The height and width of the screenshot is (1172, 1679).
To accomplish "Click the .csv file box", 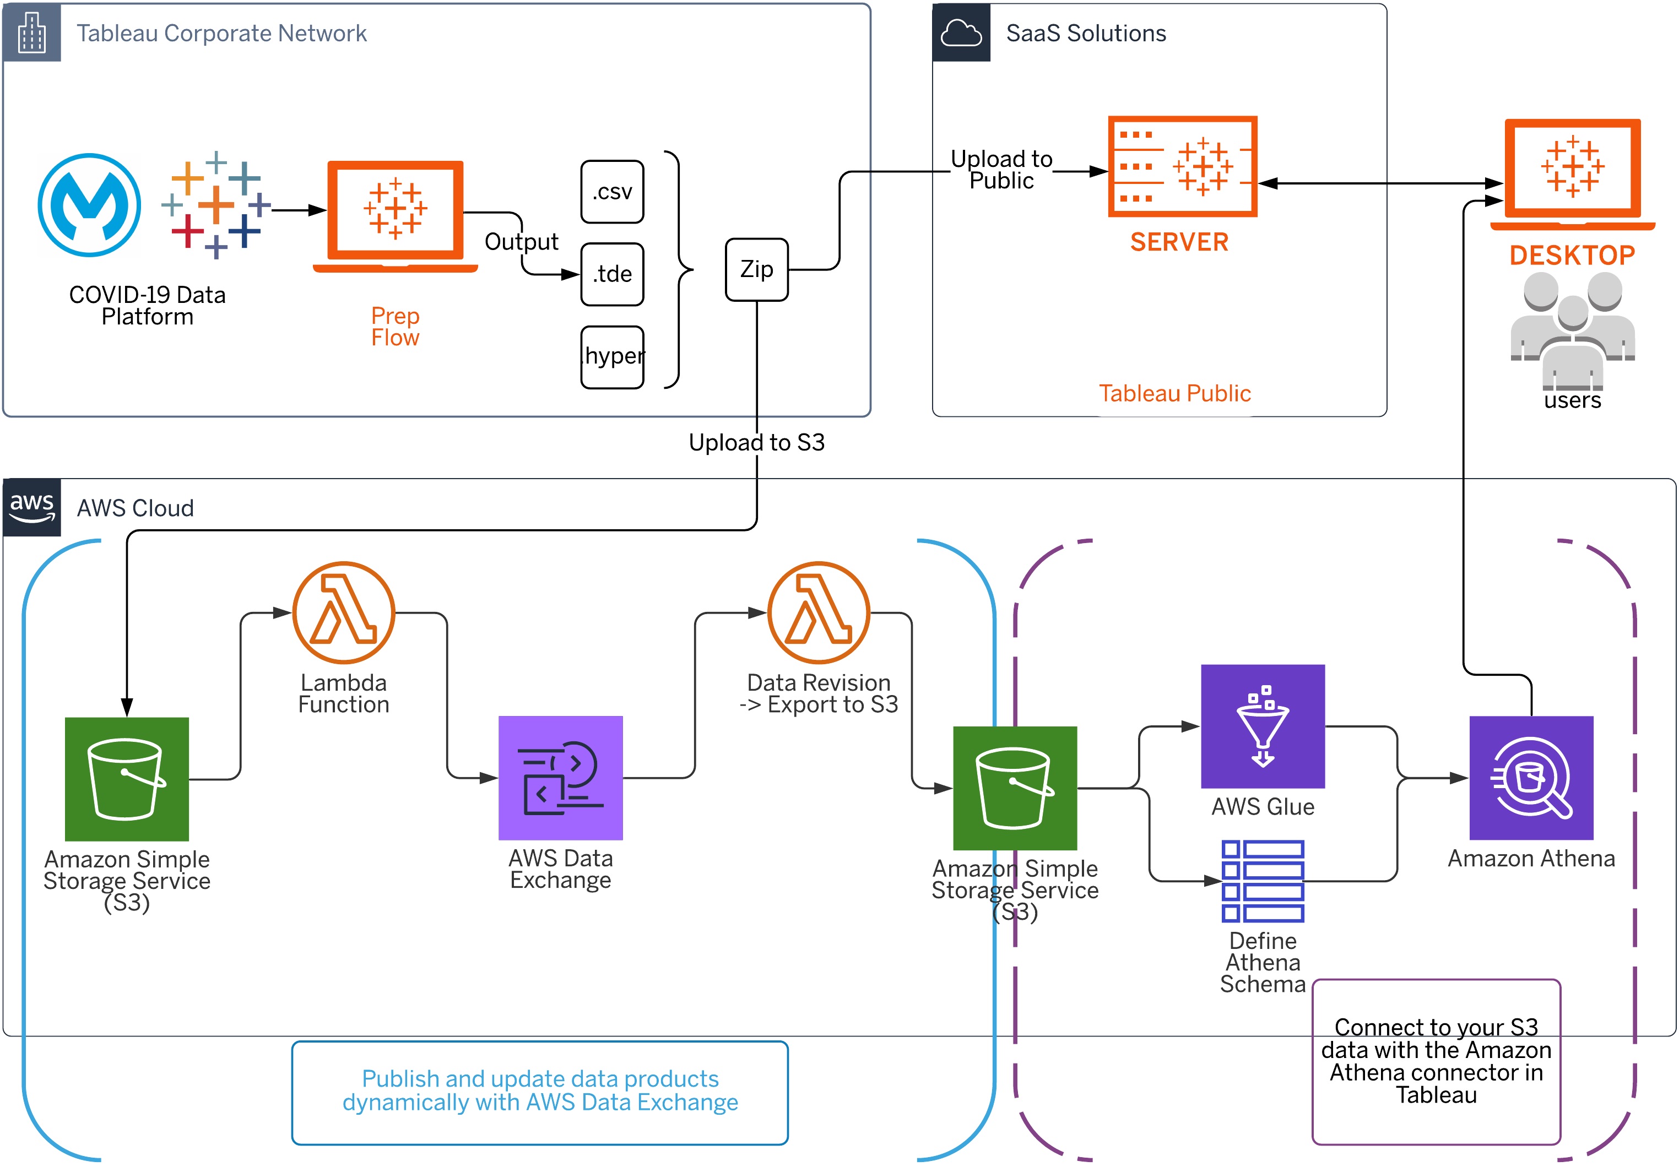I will click(x=612, y=192).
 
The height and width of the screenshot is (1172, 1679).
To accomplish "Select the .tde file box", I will click(x=612, y=274).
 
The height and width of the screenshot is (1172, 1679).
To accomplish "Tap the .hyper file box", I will click(x=612, y=357).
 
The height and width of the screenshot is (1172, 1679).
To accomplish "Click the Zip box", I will click(x=756, y=269).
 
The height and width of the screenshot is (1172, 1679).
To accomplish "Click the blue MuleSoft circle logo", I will click(x=89, y=205).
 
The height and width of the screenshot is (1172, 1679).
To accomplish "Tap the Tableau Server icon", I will click(x=1182, y=167).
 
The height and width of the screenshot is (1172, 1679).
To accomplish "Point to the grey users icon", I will click(x=1572, y=329).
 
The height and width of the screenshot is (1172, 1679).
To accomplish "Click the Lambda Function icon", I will click(x=344, y=612).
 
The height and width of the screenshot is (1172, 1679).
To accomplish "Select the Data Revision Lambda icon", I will click(x=819, y=612).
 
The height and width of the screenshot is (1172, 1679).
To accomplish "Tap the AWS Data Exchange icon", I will click(x=560, y=778).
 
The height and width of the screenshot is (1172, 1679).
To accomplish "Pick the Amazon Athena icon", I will click(x=1531, y=778).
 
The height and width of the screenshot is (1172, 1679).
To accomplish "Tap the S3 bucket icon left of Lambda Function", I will click(x=127, y=779).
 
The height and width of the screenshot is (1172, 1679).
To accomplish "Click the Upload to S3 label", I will click(x=756, y=442).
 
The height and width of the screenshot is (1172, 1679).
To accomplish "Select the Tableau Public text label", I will click(x=1174, y=393).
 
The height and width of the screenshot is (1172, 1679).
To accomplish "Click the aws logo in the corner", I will click(x=31, y=507).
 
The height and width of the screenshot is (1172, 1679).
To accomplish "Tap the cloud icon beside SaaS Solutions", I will click(x=961, y=33).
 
